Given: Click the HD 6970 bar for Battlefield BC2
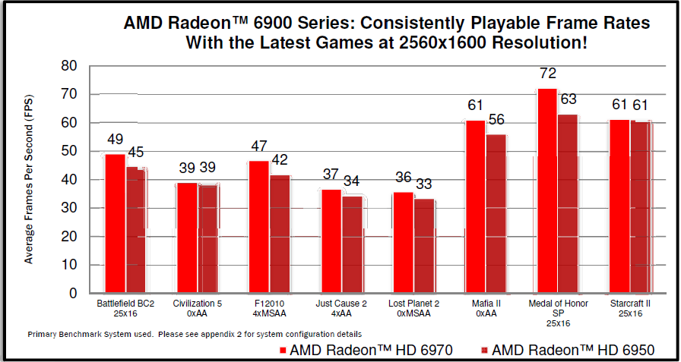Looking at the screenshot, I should coord(116,223).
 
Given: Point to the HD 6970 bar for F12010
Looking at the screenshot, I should coord(258,227).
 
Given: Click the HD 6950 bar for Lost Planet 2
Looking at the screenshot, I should coord(424,246).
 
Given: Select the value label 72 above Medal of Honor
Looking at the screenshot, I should coord(548,74).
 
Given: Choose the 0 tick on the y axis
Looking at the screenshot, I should coord(73,293).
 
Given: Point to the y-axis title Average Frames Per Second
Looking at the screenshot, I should coord(29,183).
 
